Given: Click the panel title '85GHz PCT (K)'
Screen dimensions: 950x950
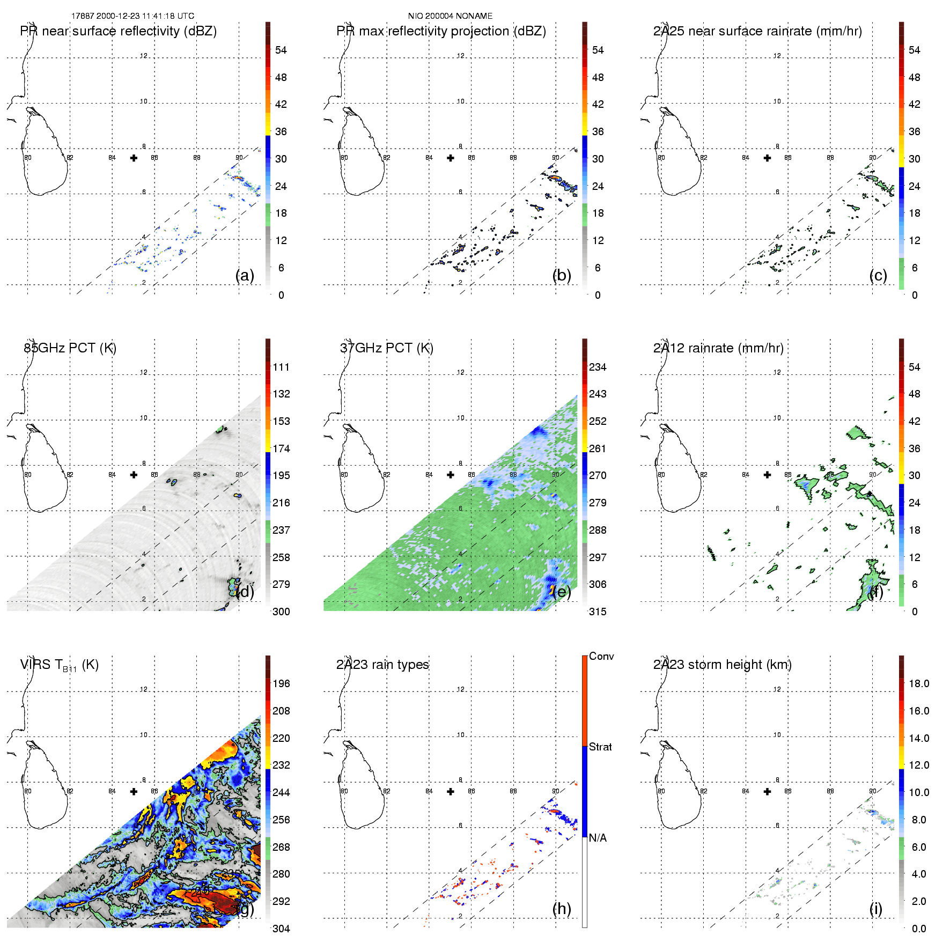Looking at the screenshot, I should [x=70, y=348].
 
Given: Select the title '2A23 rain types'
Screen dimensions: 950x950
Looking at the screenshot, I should [x=382, y=665].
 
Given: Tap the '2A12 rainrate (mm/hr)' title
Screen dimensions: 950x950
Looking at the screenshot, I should [x=718, y=348].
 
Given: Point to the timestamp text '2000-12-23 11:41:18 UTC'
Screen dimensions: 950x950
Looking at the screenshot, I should [x=145, y=16].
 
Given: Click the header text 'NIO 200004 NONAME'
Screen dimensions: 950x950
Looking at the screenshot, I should [x=450, y=16].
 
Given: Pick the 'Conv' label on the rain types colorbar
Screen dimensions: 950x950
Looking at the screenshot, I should [x=601, y=656].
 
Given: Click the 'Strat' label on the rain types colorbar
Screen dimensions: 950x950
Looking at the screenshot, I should [x=600, y=747].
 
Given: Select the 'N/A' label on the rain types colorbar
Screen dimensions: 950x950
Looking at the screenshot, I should [x=598, y=838].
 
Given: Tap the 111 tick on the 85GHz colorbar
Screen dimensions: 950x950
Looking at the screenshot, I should [x=281, y=367].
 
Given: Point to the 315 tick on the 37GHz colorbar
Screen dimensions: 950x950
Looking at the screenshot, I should [x=598, y=612].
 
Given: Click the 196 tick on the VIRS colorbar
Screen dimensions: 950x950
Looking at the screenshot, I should [x=281, y=683].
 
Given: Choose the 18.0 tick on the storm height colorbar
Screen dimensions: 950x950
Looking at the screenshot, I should [x=919, y=683].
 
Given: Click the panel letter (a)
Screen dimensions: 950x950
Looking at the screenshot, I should [x=245, y=275].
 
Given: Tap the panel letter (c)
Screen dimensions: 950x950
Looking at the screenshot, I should [x=878, y=275].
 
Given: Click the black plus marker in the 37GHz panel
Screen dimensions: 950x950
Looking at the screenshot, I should [x=451, y=475].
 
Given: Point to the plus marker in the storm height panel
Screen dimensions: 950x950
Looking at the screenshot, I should [x=767, y=791].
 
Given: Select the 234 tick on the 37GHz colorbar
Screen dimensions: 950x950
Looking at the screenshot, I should [x=598, y=367].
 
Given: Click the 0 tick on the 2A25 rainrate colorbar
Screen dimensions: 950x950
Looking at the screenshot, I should [x=915, y=295].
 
